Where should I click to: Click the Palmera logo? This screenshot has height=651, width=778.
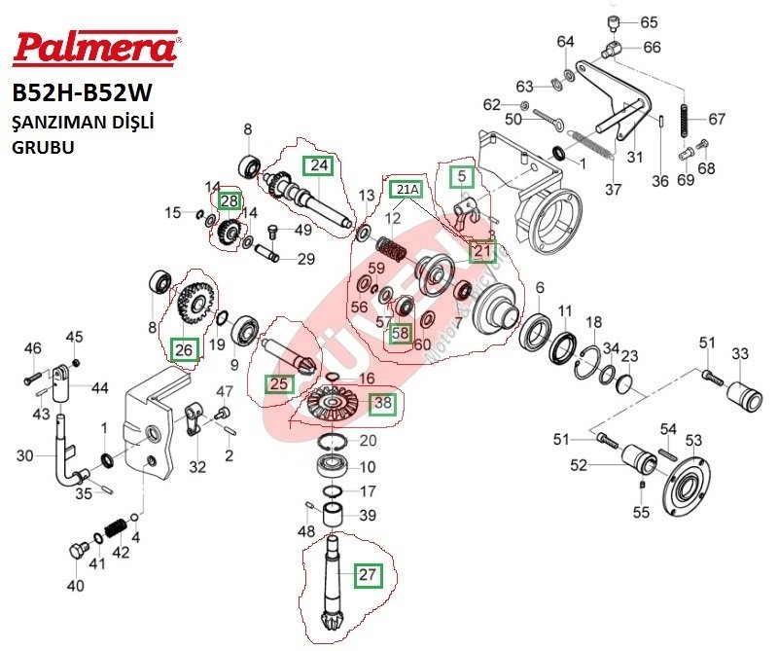94,45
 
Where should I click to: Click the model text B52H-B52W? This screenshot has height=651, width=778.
83,94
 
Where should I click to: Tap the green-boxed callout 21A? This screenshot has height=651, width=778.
407,187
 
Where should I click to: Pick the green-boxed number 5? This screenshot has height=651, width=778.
462,176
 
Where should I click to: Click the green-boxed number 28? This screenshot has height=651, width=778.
228,200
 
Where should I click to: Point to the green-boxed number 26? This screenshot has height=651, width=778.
183,347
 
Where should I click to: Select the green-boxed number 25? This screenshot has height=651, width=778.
279,383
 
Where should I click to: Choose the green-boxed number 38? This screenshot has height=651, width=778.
383,400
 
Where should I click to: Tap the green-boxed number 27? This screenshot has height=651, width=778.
368,574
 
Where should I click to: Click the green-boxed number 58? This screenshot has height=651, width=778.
400,333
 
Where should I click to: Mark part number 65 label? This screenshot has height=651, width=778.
648,21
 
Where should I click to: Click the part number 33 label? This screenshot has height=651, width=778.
740,352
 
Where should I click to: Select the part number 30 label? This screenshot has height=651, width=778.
26,455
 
